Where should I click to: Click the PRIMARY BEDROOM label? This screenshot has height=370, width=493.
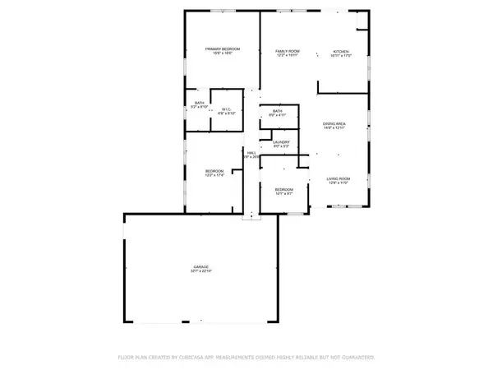(219, 49)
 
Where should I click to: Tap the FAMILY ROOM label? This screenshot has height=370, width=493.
(287, 51)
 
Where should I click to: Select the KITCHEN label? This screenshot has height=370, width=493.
(341, 51)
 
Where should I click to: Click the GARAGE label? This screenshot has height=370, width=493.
(201, 267)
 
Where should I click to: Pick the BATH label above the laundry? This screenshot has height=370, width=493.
(277, 111)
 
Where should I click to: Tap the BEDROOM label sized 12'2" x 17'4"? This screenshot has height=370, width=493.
(214, 170)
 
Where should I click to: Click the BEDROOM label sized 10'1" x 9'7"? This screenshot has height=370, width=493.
(283, 189)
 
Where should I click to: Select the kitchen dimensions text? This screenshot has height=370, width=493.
(341, 56)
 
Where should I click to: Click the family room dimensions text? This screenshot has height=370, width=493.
(287, 56)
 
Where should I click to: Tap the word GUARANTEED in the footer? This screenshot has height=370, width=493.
(358, 358)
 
